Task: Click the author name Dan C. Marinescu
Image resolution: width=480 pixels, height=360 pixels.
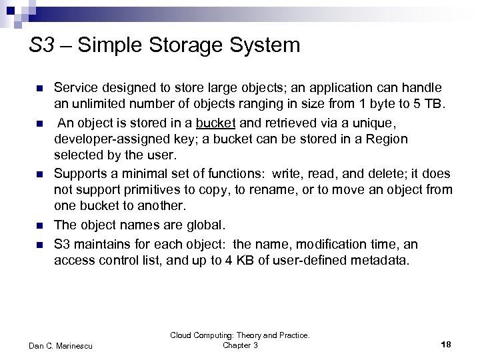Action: (x=62, y=345)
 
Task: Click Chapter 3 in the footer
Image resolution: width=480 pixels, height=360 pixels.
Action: (x=239, y=345)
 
